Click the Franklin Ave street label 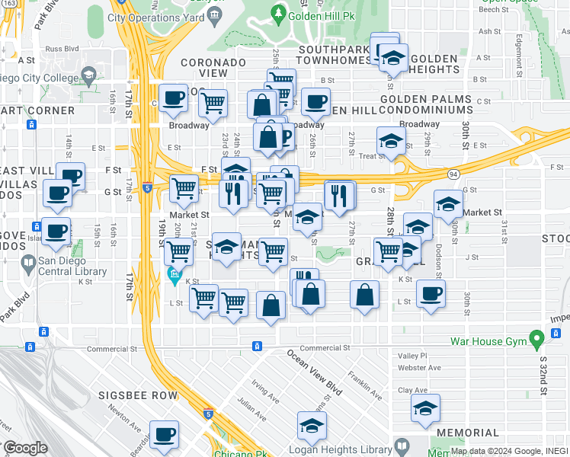(364, 385)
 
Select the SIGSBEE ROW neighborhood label (137, 396)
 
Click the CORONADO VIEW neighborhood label (213, 68)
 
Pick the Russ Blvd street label (62, 47)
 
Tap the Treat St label (373, 156)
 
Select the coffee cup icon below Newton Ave (164, 435)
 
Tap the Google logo (25, 448)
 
